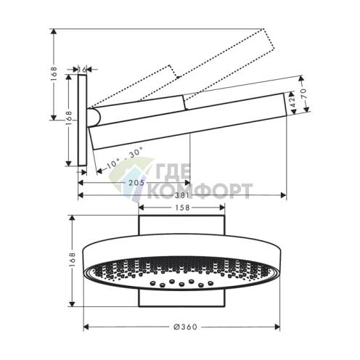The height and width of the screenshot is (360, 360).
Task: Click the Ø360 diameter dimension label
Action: [185, 327]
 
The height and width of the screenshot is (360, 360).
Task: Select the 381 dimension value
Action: [182, 195]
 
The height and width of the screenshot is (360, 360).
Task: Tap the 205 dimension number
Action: [136, 183]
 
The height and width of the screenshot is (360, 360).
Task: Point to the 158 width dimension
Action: [182, 208]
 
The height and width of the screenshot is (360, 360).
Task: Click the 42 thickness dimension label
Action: [292, 102]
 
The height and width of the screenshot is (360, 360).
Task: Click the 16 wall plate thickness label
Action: [82, 70]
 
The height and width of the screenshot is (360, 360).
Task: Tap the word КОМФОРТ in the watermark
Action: [200, 191]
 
